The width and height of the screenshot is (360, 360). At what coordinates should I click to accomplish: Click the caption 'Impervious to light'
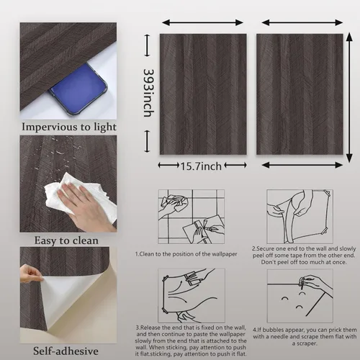coord(68,127)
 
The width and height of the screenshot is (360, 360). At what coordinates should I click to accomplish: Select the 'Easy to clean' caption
coord(68,239)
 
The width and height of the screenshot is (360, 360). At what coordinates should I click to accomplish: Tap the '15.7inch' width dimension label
coord(201,166)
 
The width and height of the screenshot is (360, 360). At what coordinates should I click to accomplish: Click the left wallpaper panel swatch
coord(202,94)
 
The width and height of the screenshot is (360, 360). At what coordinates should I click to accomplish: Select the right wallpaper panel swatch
coord(299,94)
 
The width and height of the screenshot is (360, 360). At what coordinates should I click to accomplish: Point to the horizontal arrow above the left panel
coord(202,23)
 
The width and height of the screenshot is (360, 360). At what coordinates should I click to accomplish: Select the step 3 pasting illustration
coord(191,296)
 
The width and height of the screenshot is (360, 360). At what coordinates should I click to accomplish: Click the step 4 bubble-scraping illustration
coord(299,296)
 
